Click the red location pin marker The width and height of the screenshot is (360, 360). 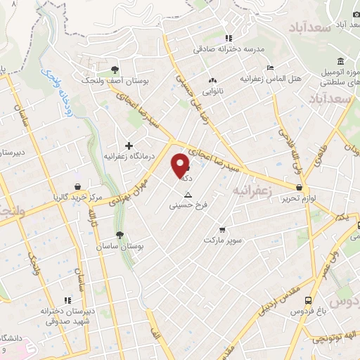(181, 165)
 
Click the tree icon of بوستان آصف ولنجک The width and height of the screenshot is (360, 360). (115, 69)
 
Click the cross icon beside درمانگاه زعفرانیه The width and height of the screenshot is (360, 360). (129, 146)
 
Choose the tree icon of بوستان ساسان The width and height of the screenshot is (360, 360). (120, 236)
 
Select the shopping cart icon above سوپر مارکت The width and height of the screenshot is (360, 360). (222, 229)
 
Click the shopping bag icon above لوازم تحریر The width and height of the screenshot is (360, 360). (300, 188)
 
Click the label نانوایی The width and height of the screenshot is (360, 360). (213, 91)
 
